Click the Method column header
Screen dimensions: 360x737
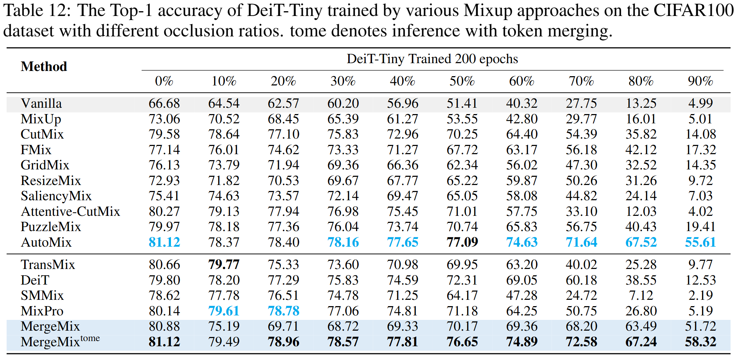[44, 67]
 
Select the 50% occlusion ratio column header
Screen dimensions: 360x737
[462, 81]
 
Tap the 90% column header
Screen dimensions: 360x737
[700, 81]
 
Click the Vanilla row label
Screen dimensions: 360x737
[41, 103]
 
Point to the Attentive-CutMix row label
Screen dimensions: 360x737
[70, 211]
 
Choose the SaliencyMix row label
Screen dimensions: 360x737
[56, 196]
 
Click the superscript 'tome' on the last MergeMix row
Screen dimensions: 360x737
[90, 338]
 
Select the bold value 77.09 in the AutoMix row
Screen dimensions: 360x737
[462, 242]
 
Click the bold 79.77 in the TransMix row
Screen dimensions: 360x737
[224, 265]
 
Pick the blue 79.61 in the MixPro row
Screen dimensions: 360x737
[224, 311]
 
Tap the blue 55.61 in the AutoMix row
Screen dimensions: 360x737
[700, 242]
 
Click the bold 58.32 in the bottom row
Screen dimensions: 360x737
[700, 342]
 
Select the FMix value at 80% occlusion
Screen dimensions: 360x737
[641, 150]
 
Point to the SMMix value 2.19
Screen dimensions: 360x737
[700, 295]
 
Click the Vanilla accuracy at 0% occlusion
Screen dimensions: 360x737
[164, 103]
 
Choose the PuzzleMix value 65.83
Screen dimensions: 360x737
[521, 227]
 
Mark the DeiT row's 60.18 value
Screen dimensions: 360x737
[581, 280]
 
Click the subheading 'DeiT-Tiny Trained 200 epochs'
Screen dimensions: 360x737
[432, 59]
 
